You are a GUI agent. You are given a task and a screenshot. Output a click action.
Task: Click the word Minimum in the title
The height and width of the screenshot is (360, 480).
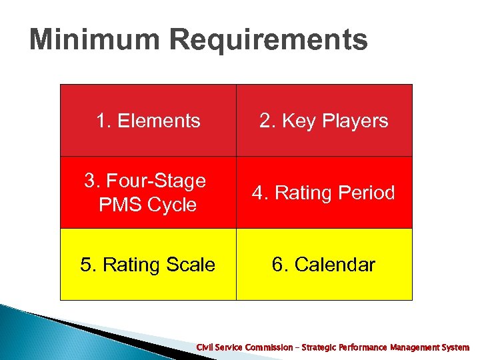(95, 40)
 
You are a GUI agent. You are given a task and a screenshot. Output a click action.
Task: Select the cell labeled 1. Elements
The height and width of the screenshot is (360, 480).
(148, 121)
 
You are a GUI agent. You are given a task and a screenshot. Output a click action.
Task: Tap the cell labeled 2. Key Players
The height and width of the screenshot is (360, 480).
(324, 121)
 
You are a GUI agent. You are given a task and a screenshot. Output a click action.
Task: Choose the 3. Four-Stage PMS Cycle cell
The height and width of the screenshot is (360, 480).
(148, 193)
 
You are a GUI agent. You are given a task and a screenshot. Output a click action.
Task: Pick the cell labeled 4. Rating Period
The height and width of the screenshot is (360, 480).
(324, 193)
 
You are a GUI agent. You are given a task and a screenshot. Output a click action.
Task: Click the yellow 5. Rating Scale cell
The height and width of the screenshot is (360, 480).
(148, 265)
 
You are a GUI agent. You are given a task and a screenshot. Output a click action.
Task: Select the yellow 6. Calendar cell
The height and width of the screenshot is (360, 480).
(324, 265)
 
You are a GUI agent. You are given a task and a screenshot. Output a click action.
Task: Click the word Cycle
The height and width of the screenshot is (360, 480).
(173, 205)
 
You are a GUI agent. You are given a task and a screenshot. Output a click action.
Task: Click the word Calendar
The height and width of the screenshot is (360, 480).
(335, 265)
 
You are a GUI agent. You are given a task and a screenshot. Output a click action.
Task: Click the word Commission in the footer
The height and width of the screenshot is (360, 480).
(268, 347)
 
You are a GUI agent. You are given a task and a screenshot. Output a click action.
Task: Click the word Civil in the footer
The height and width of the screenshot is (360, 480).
(205, 347)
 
